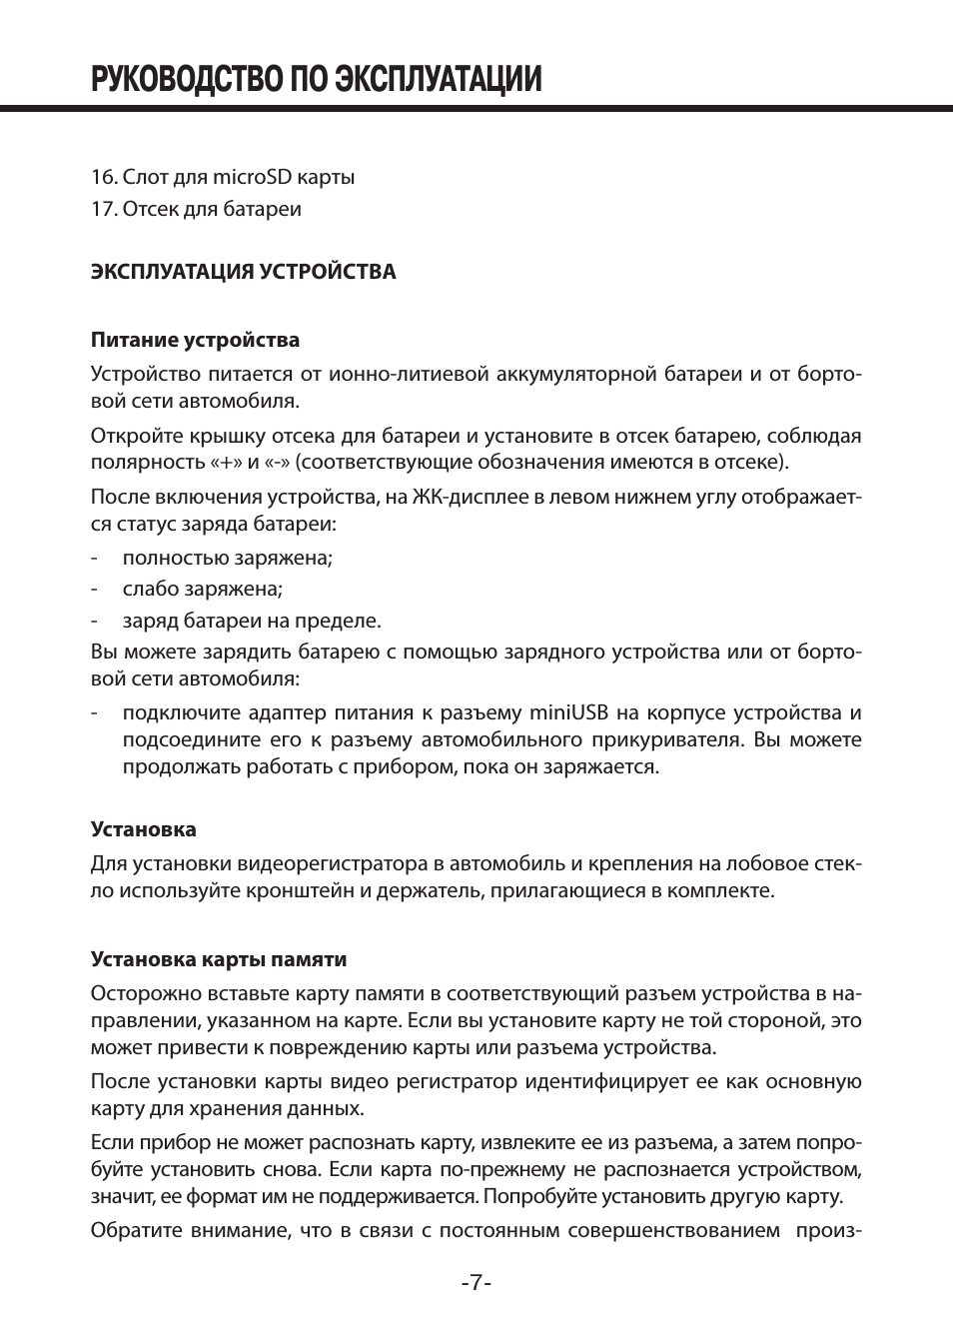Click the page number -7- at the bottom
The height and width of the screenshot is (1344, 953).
(476, 1283)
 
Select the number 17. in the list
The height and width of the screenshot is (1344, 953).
(104, 209)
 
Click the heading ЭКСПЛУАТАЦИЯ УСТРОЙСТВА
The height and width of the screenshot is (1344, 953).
(243, 272)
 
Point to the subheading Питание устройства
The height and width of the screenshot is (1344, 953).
(195, 340)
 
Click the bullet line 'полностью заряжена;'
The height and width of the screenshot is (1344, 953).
(227, 558)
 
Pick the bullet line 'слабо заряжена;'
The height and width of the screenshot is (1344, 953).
(203, 589)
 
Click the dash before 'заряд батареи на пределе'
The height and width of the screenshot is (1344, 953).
(94, 621)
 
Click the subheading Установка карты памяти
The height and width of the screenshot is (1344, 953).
(219, 959)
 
